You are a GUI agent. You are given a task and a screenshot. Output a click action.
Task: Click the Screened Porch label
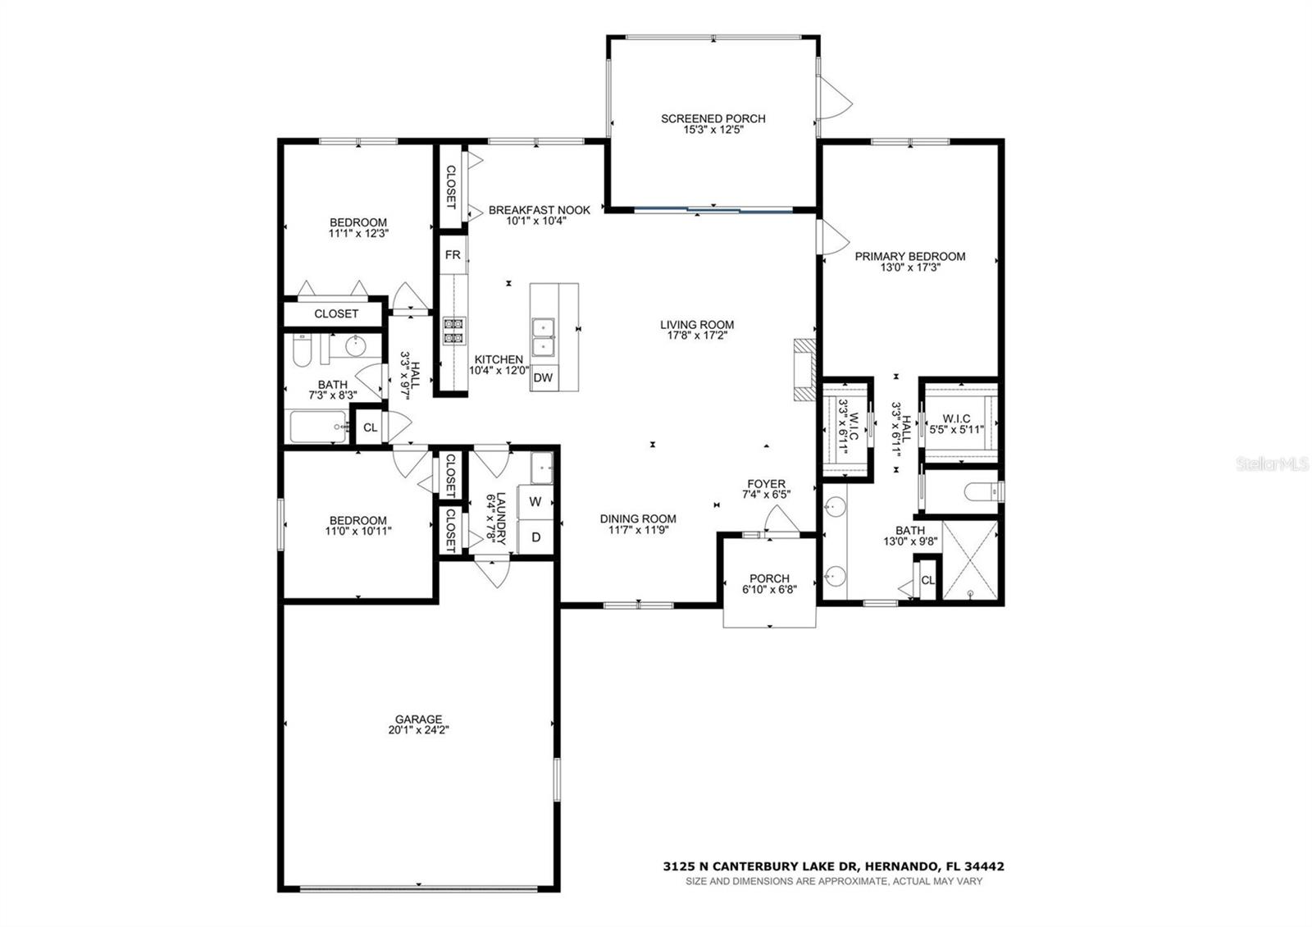click(713, 119)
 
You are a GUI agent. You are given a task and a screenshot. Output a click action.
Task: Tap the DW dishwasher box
click(543, 378)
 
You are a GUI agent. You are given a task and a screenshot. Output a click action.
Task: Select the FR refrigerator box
click(453, 255)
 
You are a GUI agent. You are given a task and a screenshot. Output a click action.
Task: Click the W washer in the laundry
click(535, 501)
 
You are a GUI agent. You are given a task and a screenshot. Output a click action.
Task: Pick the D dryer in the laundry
click(535, 537)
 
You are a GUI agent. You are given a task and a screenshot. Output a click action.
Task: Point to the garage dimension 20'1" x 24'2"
click(419, 730)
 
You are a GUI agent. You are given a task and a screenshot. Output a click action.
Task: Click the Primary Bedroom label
click(909, 257)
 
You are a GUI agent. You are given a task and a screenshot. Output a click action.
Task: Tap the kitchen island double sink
click(543, 336)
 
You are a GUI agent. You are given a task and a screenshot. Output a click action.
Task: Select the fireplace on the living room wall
click(804, 370)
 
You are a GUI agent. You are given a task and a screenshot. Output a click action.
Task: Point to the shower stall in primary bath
click(971, 560)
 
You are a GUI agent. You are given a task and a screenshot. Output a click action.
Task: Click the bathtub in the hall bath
click(319, 427)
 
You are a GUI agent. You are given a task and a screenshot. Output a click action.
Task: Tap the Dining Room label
click(637, 518)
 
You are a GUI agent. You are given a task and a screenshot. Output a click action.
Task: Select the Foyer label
click(766, 484)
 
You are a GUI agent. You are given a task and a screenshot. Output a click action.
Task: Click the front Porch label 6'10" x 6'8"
click(769, 578)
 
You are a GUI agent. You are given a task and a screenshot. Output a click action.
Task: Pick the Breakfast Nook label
click(539, 210)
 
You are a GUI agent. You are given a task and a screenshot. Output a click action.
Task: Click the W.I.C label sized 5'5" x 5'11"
click(956, 418)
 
